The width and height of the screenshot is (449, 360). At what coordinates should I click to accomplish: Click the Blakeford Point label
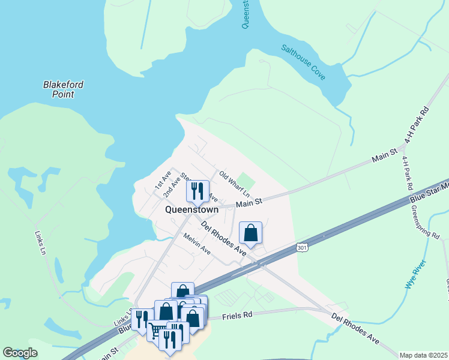63,89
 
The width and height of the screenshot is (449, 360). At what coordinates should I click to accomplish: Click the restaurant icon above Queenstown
197,191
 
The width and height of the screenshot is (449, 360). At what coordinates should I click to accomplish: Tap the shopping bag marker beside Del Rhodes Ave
250,233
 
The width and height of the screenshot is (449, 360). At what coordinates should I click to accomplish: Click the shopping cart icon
157,331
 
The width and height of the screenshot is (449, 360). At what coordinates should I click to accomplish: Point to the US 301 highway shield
302,247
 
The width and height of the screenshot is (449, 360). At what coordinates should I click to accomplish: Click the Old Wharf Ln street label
234,179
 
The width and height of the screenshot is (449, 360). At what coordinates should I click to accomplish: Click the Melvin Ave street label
197,244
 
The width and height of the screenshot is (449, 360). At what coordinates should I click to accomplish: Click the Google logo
20,353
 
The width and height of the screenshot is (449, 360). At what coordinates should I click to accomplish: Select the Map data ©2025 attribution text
423,355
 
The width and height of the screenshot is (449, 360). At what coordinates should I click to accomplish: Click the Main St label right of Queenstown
249,204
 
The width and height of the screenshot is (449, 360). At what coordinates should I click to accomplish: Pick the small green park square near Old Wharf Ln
246,180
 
